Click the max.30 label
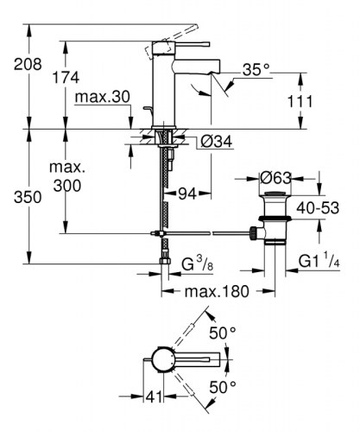[x=98, y=98]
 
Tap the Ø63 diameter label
[x=277, y=179]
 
